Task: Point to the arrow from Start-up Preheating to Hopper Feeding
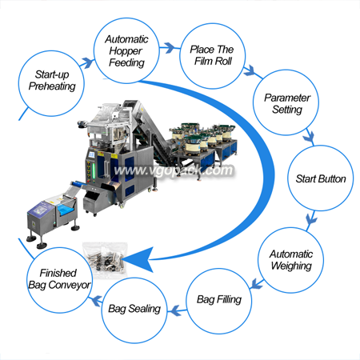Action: (87, 63)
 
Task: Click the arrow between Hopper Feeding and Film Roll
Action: (170, 48)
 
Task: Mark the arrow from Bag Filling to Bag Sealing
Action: (177, 310)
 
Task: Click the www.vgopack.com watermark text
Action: (174, 170)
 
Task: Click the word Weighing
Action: (291, 266)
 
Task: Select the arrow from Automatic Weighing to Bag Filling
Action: (257, 284)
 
